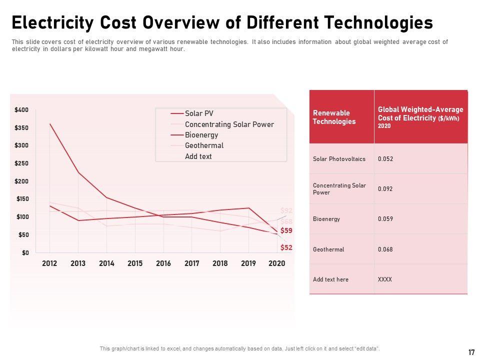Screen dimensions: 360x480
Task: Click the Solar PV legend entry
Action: tap(198, 113)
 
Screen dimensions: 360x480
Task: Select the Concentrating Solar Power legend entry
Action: tap(229, 124)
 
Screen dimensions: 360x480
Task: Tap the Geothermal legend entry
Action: tap(204, 145)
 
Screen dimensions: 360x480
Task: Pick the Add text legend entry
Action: tap(198, 156)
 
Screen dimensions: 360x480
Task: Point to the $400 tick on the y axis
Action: tap(21, 110)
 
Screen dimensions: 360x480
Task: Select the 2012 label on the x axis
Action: tap(49, 263)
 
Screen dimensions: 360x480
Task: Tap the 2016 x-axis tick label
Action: tap(163, 263)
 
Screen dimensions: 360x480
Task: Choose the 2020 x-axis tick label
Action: tap(276, 263)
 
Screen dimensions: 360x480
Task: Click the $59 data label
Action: tap(286, 230)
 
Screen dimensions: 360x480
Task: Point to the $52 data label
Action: tap(286, 247)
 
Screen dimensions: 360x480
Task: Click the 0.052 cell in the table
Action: tap(385, 159)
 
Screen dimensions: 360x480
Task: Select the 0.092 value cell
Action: tap(385, 189)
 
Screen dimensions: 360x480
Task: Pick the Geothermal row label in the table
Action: tap(328, 249)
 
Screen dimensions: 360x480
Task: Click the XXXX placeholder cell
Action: tap(385, 279)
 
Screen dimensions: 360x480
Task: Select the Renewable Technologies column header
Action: tap(334, 117)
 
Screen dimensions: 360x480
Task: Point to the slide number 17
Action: tap(471, 352)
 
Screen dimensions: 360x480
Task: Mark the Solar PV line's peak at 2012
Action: tap(49, 124)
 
